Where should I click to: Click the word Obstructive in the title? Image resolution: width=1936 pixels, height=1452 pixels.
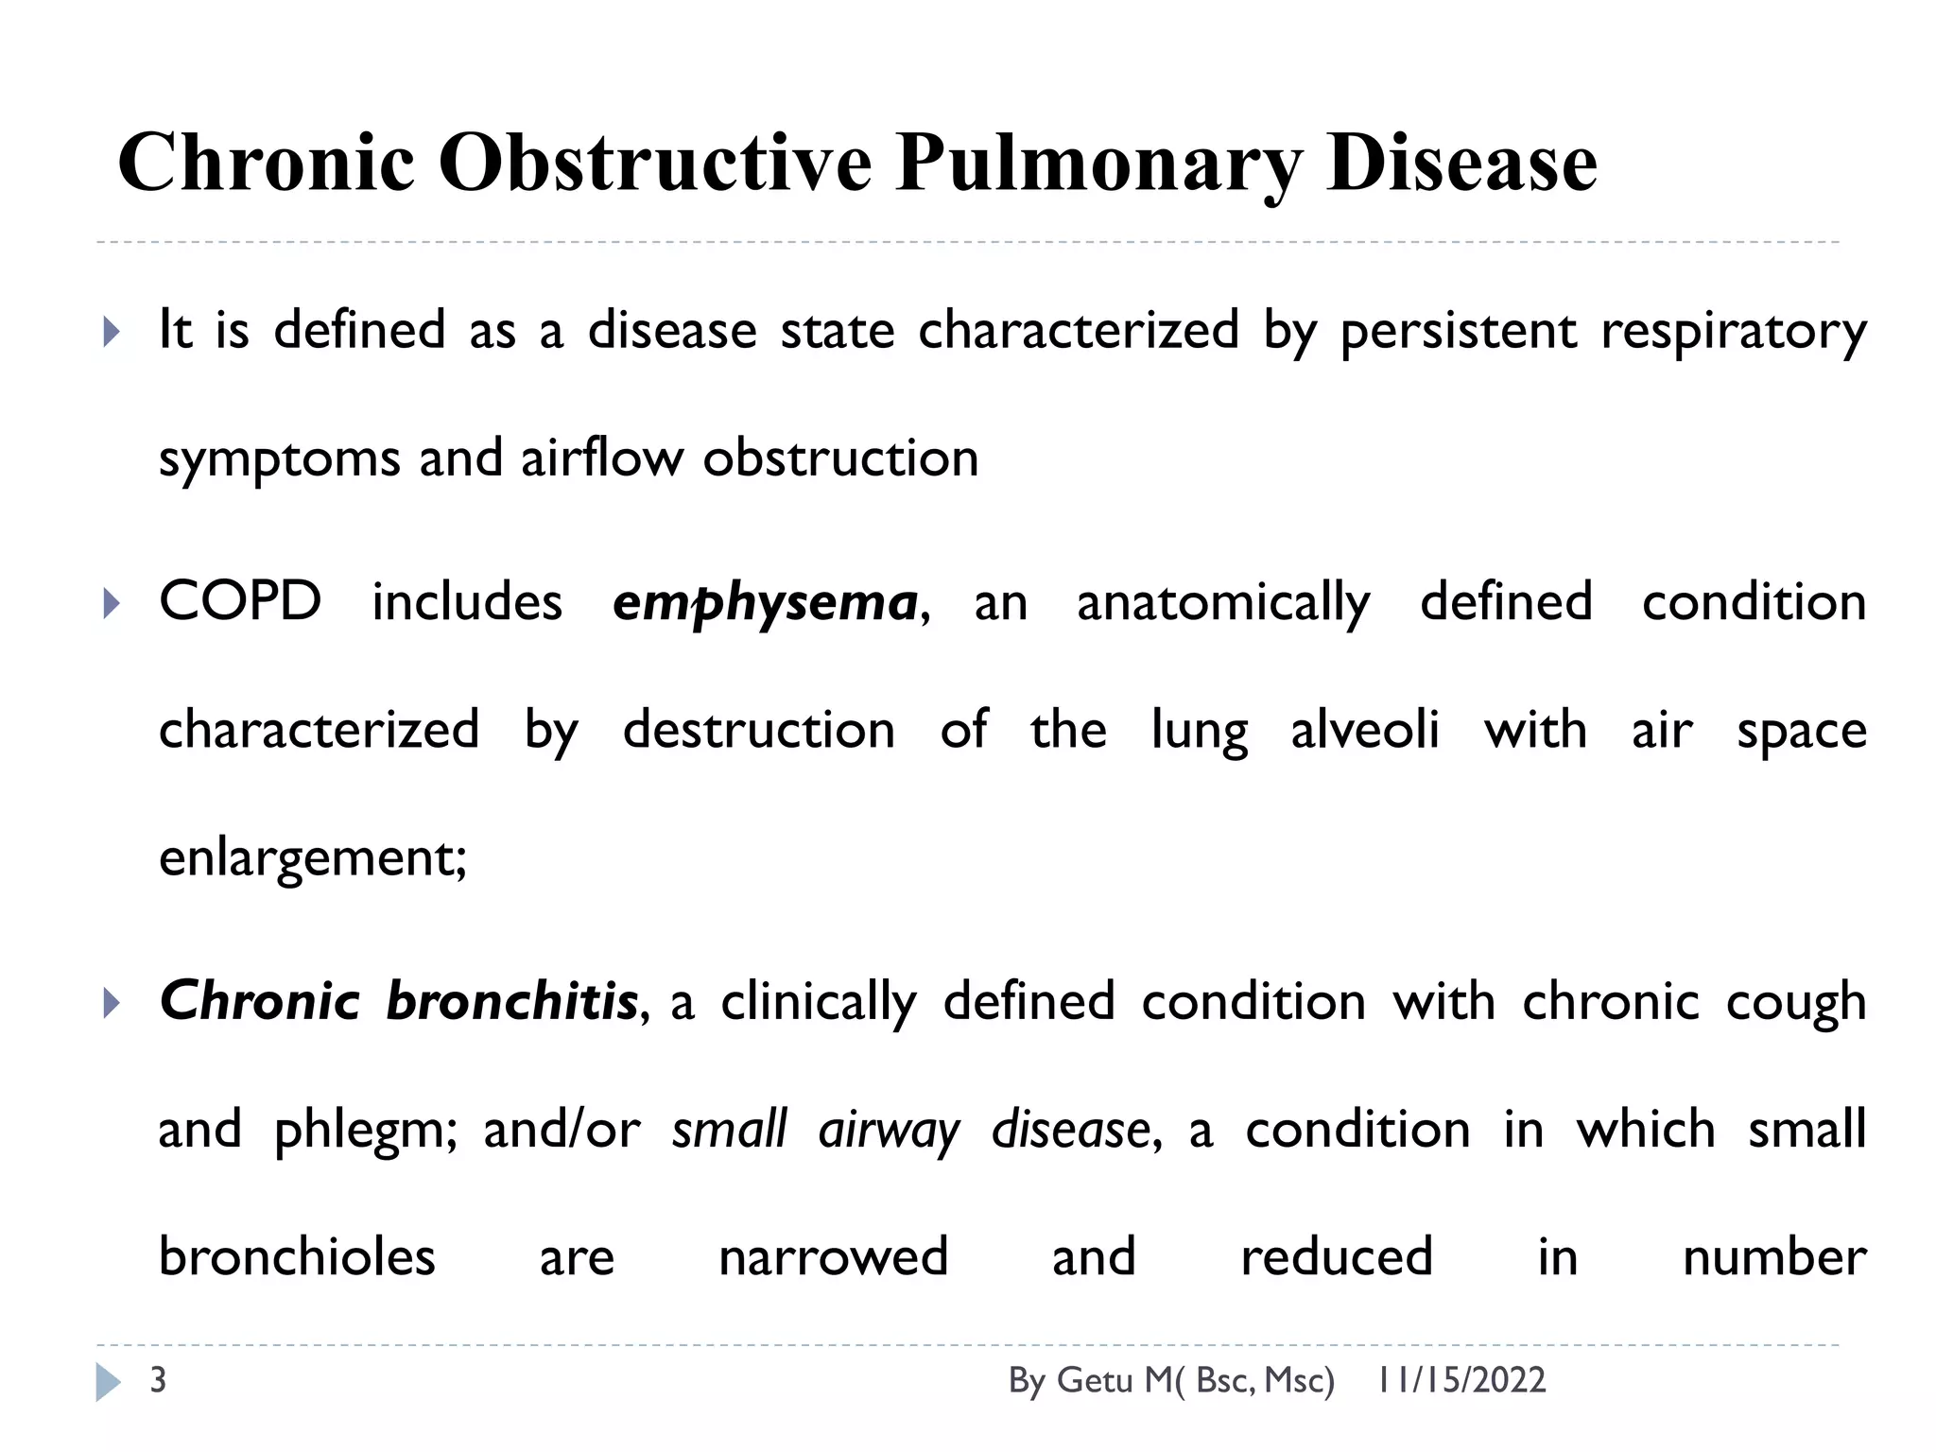pyautogui.click(x=654, y=163)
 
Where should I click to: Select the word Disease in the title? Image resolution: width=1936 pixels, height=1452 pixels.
pyautogui.click(x=1461, y=163)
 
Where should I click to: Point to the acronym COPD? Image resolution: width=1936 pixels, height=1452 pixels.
pyautogui.click(x=240, y=601)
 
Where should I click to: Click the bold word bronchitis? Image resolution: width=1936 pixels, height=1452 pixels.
pyautogui.click(x=511, y=1001)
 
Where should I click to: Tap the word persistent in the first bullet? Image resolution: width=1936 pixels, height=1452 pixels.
pyautogui.click(x=1459, y=331)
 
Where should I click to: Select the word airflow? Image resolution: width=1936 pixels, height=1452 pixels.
pyautogui.click(x=601, y=458)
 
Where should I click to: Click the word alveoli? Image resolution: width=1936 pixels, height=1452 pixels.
pyautogui.click(x=1365, y=730)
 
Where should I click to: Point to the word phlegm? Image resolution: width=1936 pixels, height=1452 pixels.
pyautogui.click(x=365, y=1131)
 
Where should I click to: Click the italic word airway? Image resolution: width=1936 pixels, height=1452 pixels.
pyautogui.click(x=889, y=1131)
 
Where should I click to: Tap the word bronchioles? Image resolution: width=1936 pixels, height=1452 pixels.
pyautogui.click(x=297, y=1257)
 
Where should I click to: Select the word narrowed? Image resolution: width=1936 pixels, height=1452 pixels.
pyautogui.click(x=833, y=1257)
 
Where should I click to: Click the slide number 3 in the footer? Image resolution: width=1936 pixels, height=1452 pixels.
pyautogui.click(x=158, y=1380)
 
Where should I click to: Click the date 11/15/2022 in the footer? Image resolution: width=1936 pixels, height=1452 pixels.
pyautogui.click(x=1461, y=1380)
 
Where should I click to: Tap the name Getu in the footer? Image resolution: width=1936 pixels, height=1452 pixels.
pyautogui.click(x=1095, y=1380)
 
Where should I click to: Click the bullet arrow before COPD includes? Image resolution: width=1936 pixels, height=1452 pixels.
pyautogui.click(x=112, y=603)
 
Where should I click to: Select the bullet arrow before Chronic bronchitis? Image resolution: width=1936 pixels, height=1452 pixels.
pyautogui.click(x=112, y=1003)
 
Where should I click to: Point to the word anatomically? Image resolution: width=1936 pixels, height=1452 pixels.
pyautogui.click(x=1223, y=603)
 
